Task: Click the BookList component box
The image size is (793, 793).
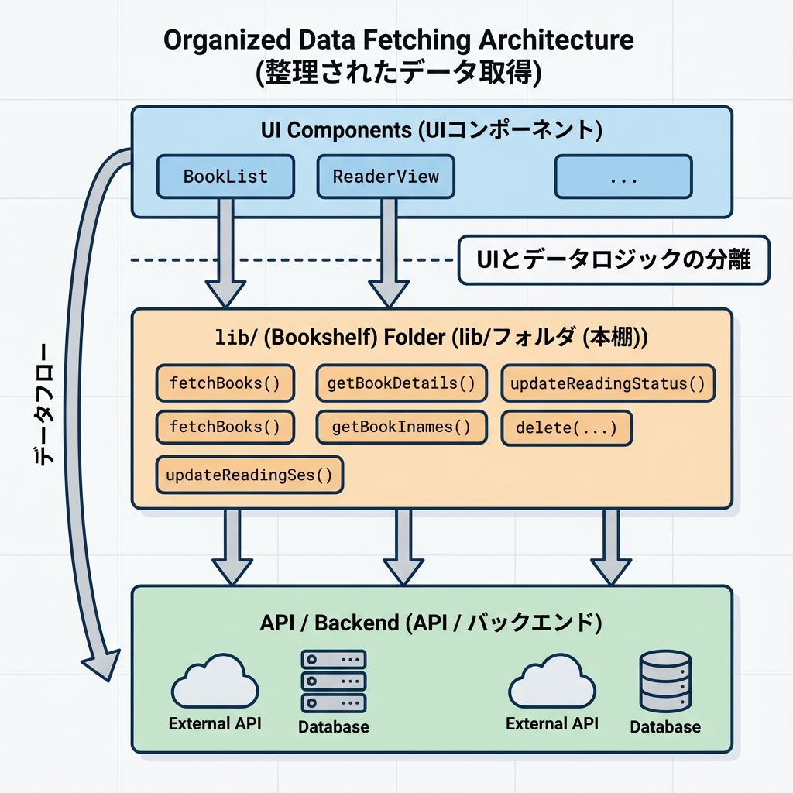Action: point(225,176)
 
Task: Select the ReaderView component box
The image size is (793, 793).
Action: point(386,176)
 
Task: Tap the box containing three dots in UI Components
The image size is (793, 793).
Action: point(623,177)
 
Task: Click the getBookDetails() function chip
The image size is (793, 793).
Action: point(401,383)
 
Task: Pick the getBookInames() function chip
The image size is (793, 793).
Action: point(401,427)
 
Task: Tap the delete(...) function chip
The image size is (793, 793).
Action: point(567,427)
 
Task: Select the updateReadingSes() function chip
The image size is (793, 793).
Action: point(249,475)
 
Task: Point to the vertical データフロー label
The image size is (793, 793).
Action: point(45,403)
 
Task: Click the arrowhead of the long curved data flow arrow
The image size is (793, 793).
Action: point(99,664)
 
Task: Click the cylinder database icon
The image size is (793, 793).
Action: point(665,681)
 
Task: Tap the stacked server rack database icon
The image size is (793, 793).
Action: point(333,681)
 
